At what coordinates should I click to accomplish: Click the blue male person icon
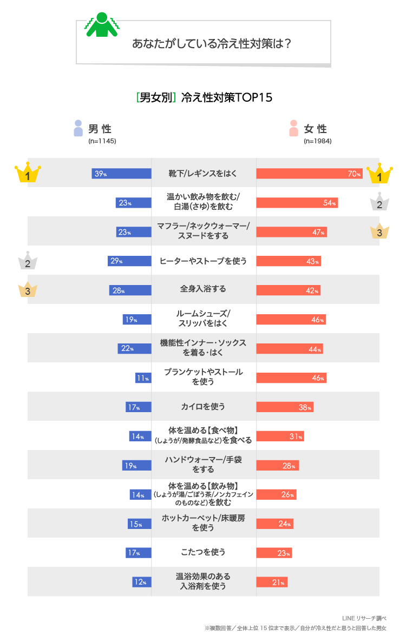click(x=78, y=128)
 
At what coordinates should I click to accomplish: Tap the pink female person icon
click(x=294, y=128)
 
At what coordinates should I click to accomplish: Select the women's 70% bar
click(x=309, y=174)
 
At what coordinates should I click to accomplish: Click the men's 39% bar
click(x=121, y=174)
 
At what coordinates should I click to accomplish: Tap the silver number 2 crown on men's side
click(x=28, y=262)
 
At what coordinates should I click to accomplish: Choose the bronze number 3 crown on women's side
click(x=379, y=231)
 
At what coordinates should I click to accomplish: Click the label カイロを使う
click(x=203, y=407)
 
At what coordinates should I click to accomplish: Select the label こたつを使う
click(x=203, y=552)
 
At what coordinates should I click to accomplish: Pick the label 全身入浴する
click(x=203, y=289)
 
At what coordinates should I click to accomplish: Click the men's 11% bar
click(x=143, y=378)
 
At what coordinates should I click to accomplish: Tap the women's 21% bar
click(x=272, y=582)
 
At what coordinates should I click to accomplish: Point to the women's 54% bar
click(x=297, y=203)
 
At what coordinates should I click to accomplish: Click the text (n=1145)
click(x=102, y=141)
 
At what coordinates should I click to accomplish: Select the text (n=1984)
click(x=318, y=141)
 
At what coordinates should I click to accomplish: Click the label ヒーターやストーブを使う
click(x=203, y=261)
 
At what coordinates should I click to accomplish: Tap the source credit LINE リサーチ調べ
click(x=364, y=618)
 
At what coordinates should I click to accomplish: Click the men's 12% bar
click(x=142, y=582)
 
